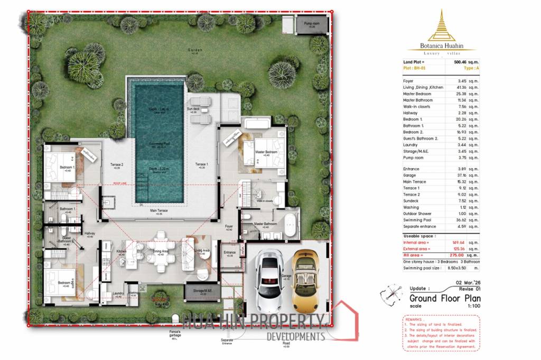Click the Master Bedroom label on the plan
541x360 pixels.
tap(265, 153)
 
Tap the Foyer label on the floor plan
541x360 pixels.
tap(229, 226)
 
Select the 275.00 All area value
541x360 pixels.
tap(461, 255)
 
